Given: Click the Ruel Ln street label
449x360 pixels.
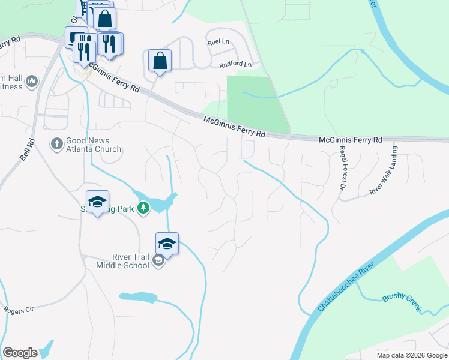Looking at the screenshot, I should coord(218,43).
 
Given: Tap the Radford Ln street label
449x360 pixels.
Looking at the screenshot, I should coord(235,64).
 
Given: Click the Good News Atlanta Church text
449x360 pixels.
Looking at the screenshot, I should coord(86,145).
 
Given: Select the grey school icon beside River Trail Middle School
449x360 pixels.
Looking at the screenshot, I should coord(158,260).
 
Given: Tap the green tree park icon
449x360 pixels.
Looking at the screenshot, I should coord(143,208).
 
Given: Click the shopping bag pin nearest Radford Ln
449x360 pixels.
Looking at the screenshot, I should coord(160,61).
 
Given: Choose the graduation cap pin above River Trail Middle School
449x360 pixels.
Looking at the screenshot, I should coord(167,244).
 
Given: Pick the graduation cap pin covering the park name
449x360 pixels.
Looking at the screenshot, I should coord(97,202).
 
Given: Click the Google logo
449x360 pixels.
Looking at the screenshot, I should coord(20,353).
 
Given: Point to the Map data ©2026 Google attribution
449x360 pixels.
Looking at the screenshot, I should coord(411,355).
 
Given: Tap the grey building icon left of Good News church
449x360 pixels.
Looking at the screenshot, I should coord(32,80).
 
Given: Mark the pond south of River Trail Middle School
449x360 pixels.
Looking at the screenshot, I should coord(139,296).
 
